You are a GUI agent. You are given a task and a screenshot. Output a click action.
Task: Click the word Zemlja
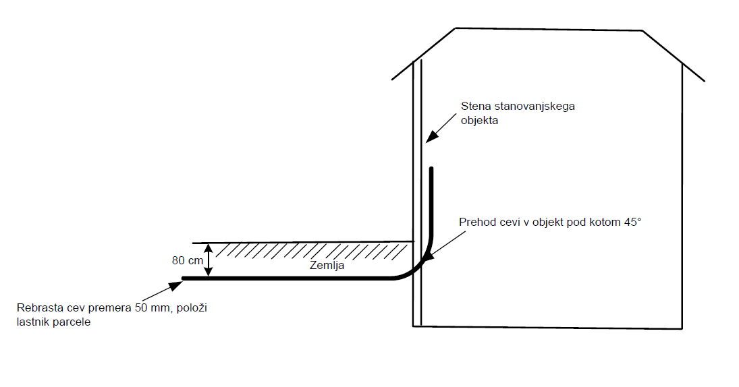tap(327, 266)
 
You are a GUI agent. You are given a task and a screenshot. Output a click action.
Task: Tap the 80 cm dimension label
tap(186, 259)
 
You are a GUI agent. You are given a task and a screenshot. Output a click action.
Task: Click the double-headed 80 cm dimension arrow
tap(209, 260)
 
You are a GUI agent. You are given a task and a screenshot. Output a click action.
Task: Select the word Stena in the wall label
tap(475, 106)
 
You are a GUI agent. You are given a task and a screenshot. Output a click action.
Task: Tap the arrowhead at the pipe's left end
tap(176, 285)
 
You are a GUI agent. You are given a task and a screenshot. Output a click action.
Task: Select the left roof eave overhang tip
tap(393, 79)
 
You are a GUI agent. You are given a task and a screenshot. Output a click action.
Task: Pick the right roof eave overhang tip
tap(704, 81)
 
